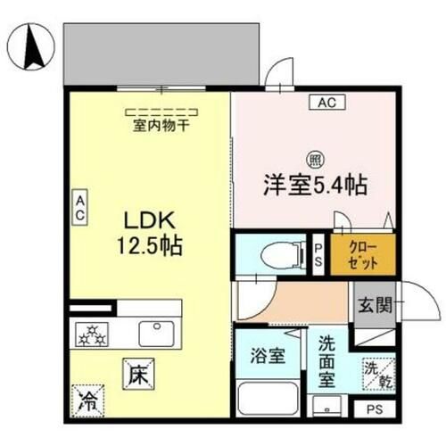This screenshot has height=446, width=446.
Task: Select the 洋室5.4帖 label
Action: [314, 188]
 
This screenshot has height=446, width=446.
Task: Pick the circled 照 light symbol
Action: [315, 161]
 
